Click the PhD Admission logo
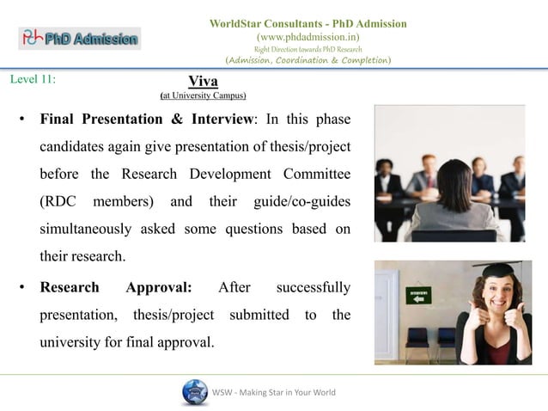(79, 38)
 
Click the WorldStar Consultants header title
(308, 23)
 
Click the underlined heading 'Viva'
(203, 82)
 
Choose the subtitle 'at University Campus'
(204, 95)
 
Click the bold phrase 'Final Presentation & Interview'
(142, 119)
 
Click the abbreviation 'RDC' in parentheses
(59, 202)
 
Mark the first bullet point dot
(21, 120)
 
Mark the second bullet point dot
(21, 288)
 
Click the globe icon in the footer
(195, 392)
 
